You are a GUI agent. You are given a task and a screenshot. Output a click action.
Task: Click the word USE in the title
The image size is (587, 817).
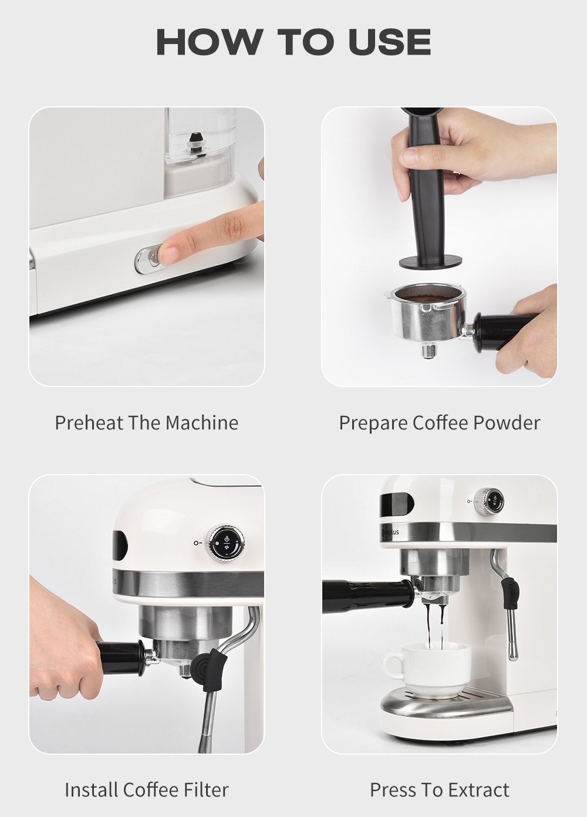coord(389,42)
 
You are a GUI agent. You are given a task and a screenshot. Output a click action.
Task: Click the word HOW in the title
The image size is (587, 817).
coord(209,42)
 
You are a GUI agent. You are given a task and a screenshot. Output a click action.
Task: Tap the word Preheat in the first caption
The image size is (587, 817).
coord(89,423)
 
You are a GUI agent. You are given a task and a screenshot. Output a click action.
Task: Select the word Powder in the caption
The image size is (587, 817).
coord(506,423)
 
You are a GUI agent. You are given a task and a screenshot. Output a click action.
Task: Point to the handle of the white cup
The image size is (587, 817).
coord(393,667)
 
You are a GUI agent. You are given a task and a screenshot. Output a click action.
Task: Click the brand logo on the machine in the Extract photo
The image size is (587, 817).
coord(390,532)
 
